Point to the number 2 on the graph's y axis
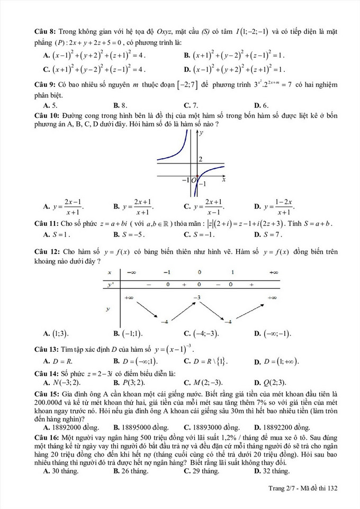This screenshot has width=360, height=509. point(201,159)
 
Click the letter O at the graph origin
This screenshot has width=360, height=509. point(194,180)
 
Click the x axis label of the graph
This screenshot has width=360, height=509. point(224,180)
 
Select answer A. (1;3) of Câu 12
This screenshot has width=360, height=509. point(57,334)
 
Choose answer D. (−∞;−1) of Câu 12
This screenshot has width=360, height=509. point(272,334)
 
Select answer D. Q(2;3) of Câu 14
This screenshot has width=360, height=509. point(271,383)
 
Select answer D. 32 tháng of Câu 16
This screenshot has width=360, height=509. point(272,470)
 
